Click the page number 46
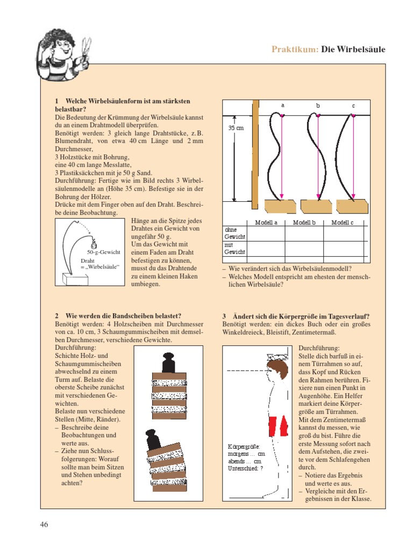44,524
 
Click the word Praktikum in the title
295,50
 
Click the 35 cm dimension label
236,128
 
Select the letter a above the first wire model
282,105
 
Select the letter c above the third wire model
354,106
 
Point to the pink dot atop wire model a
282,115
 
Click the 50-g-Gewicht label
104,252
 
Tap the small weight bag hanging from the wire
94,243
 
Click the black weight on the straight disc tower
169,362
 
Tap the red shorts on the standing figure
279,426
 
